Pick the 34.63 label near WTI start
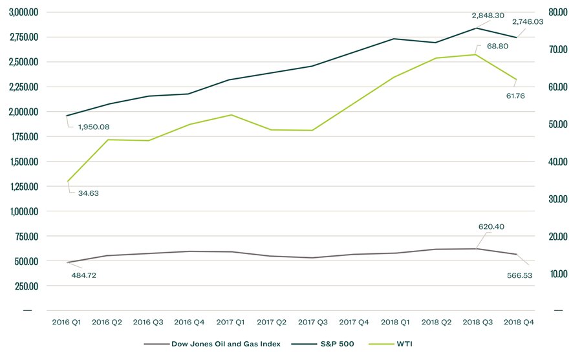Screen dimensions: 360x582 [x=88, y=193]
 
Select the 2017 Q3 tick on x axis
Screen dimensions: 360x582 [x=313, y=321]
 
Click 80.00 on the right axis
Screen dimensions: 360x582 [x=557, y=12]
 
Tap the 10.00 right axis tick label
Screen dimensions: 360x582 [x=557, y=274]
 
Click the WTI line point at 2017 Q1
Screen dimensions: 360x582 [x=231, y=115]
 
